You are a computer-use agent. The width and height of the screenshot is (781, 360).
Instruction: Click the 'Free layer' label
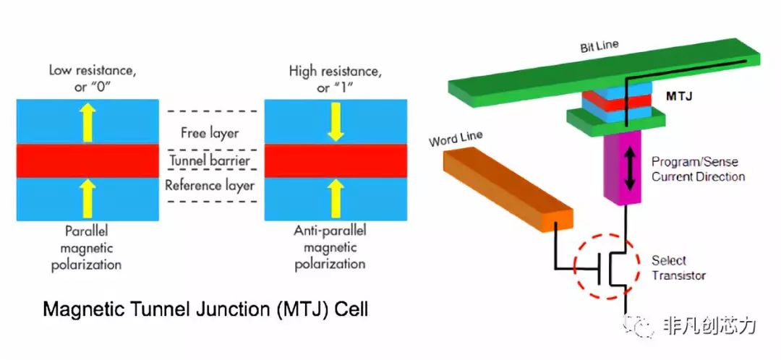click(210, 133)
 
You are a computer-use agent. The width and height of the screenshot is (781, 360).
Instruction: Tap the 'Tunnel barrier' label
click(210, 159)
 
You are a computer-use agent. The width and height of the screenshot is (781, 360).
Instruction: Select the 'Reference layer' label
click(210, 186)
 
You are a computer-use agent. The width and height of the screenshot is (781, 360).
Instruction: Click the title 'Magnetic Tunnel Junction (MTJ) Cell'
click(206, 310)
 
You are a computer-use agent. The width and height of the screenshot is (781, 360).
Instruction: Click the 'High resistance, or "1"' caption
click(332, 78)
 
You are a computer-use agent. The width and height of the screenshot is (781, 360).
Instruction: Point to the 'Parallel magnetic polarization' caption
click(87, 248)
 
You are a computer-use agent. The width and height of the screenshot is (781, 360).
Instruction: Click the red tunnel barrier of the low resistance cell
click(87, 160)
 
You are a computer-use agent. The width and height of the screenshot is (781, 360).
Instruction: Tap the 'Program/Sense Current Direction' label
click(697, 169)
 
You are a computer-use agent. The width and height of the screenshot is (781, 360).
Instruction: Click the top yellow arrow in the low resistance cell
click(87, 121)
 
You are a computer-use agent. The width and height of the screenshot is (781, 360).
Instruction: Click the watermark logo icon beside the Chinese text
click(643, 327)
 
